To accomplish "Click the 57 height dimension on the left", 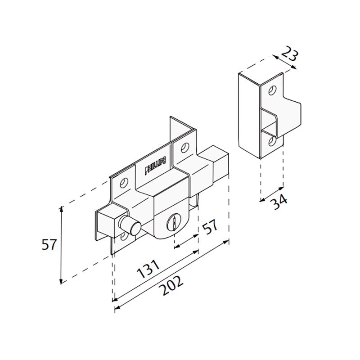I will coord(49,245).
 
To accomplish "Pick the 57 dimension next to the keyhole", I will coord(210,227).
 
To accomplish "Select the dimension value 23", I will coord(289,55).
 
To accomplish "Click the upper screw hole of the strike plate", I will coord(271,91).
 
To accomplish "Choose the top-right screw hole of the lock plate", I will coord(184,147).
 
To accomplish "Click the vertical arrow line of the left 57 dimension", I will coord(62,245).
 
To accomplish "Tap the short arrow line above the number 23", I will coord(284,62).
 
